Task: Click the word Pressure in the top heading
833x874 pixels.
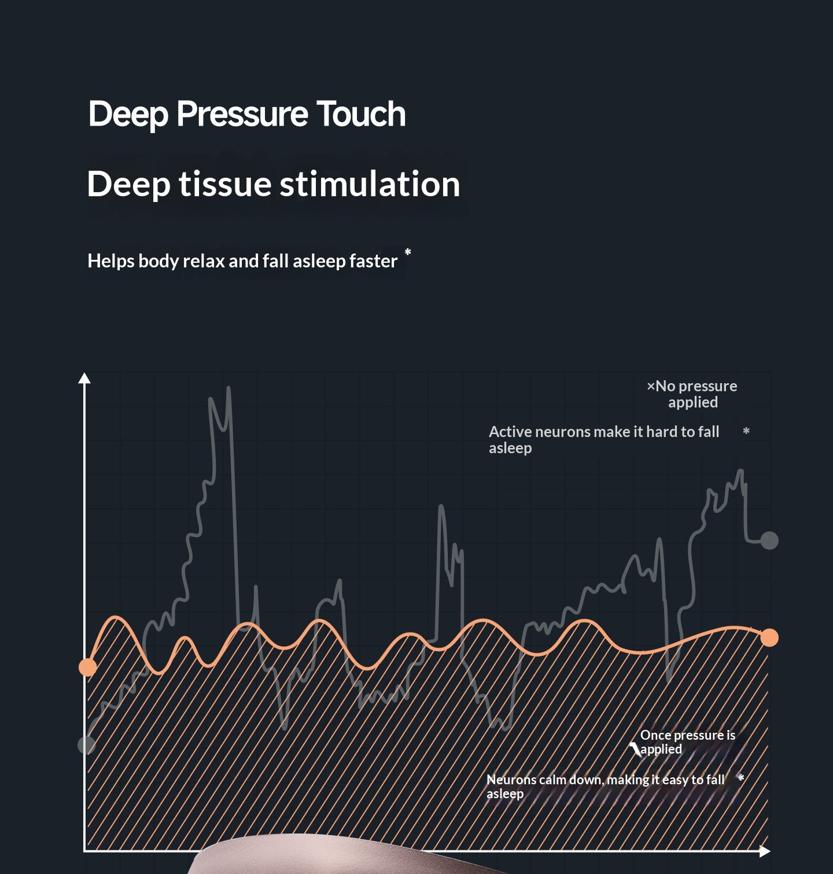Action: pyautogui.click(x=242, y=114)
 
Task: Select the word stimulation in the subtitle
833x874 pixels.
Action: pyautogui.click(x=370, y=184)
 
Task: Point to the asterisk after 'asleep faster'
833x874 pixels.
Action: pyautogui.click(x=408, y=252)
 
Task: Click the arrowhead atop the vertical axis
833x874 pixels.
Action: pyautogui.click(x=84, y=379)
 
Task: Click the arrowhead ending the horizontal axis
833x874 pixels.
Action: pyautogui.click(x=765, y=851)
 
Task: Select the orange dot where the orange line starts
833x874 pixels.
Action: pyautogui.click(x=87, y=667)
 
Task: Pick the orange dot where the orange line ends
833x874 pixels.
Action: pyautogui.click(x=769, y=638)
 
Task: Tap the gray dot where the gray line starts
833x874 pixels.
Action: pyautogui.click(x=86, y=745)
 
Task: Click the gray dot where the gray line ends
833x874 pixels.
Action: pyautogui.click(x=769, y=541)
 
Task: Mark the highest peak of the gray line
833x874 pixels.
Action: pyautogui.click(x=228, y=388)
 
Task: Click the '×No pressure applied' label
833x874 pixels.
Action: pyautogui.click(x=692, y=394)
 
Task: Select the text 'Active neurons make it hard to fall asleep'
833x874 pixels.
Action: pyautogui.click(x=603, y=439)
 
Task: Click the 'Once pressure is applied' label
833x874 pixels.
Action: pyautogui.click(x=687, y=742)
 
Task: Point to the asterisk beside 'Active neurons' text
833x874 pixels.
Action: pyautogui.click(x=746, y=431)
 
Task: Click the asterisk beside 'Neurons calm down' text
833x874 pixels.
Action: pyautogui.click(x=741, y=778)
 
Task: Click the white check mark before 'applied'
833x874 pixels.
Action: pyautogui.click(x=635, y=750)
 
